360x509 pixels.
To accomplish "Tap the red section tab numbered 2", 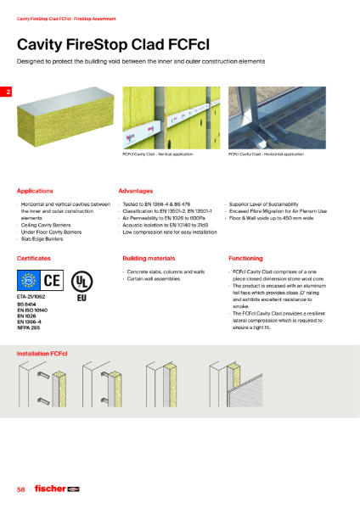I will [8, 92].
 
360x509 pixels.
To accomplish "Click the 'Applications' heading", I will [36, 192].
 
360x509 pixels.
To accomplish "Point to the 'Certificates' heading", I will [35, 257].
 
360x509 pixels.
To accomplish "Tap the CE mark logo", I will [52, 279].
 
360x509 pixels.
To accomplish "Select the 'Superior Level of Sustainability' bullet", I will [263, 204].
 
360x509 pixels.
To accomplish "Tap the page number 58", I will [21, 490].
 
